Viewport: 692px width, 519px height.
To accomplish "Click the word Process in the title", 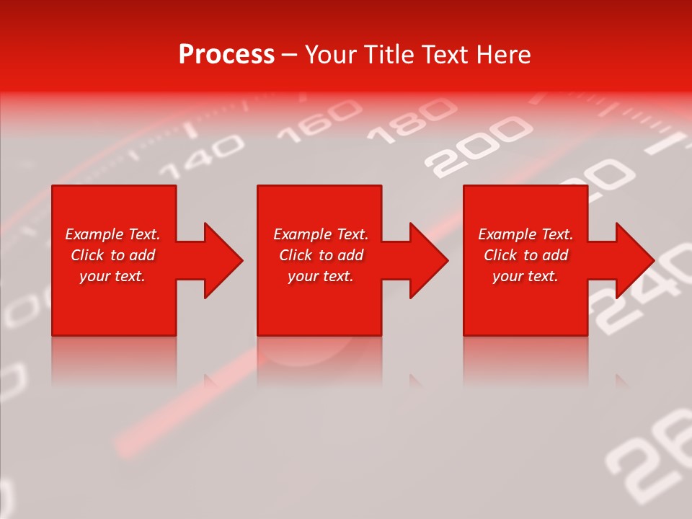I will tap(226, 55).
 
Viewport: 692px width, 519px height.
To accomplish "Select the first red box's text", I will tap(113, 255).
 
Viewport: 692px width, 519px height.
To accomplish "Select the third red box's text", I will tap(525, 255).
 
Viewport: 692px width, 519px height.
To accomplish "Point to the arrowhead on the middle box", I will tap(428, 260).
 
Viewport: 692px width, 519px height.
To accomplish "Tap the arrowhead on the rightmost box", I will tap(634, 260).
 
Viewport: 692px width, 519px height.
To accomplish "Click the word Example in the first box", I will tap(92, 234).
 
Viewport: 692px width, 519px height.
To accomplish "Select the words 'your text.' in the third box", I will tap(525, 276).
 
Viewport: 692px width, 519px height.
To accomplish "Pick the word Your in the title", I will tap(331, 55).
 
